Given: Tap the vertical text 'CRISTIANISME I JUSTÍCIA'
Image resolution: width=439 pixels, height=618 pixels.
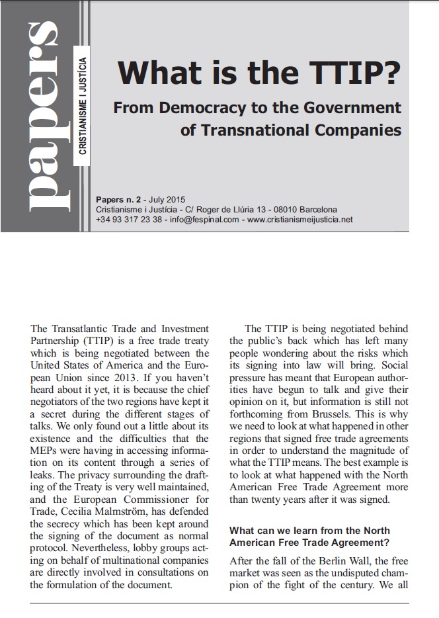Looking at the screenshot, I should [x=82, y=106].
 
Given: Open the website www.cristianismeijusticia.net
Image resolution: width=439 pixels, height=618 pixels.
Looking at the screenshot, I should [x=299, y=219].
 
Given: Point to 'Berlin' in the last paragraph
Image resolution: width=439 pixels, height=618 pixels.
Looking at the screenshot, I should [x=325, y=560].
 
